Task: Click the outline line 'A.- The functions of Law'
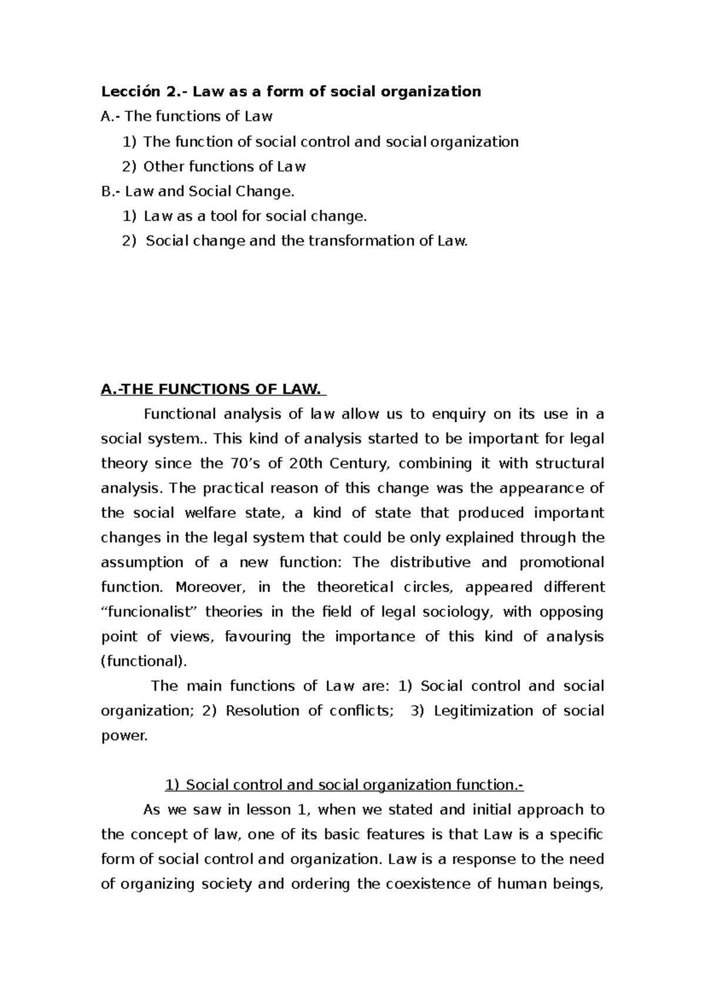coord(187,116)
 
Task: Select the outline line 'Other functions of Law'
coord(224,167)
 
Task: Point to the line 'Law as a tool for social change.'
coord(255,216)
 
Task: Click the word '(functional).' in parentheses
coord(144,661)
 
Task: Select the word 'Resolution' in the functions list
coord(261,710)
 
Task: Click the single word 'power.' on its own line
coord(125,736)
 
